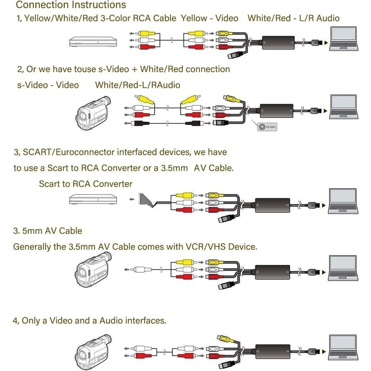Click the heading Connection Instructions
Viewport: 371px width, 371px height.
point(71,5)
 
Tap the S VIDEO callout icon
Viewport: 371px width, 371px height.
point(267,127)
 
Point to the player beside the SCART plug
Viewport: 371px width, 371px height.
point(93,199)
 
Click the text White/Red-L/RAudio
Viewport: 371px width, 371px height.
point(138,85)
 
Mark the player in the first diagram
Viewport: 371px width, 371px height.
point(93,42)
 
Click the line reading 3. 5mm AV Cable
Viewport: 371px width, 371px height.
point(48,231)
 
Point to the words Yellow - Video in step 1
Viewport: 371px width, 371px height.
point(209,18)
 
